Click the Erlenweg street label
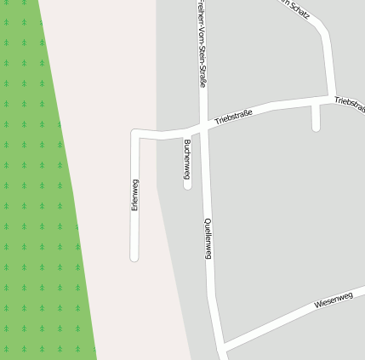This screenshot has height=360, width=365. [134, 196]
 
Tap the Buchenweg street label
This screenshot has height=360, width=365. [186, 157]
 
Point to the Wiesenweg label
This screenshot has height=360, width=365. [333, 300]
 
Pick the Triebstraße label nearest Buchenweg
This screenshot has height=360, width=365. [234, 117]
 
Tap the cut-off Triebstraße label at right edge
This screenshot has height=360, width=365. [350, 102]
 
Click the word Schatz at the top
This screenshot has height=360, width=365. [299, 9]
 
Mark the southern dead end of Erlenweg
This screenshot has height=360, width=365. [134, 256]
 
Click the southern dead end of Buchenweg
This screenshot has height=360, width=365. [187, 185]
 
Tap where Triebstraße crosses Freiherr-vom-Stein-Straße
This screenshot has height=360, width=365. [203, 126]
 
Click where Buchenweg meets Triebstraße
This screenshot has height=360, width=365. [187, 133]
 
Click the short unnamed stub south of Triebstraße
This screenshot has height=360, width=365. [316, 119]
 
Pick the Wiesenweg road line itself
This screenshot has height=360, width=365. [281, 320]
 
